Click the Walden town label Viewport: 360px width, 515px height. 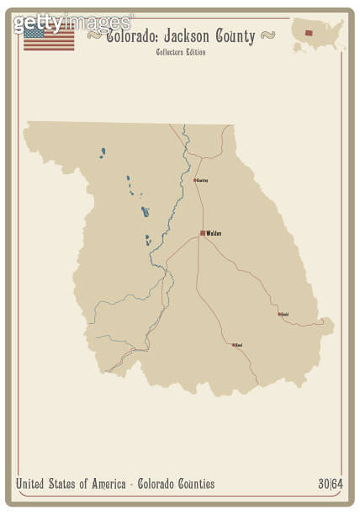(214, 233)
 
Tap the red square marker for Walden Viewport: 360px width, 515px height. (203, 233)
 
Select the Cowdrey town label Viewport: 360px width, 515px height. (203, 180)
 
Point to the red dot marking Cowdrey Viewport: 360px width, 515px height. (195, 179)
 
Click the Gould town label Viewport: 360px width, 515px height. (285, 315)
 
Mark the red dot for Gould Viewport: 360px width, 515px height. (279, 314)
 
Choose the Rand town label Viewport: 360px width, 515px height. (239, 345)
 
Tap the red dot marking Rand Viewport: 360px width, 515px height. (234, 344)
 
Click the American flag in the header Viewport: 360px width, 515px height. (48, 38)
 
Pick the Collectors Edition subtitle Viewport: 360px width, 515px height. (180, 52)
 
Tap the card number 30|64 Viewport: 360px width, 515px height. (331, 484)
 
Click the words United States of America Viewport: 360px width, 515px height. (68, 484)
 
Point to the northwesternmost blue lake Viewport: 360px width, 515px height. (103, 153)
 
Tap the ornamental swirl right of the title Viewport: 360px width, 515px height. (267, 35)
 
